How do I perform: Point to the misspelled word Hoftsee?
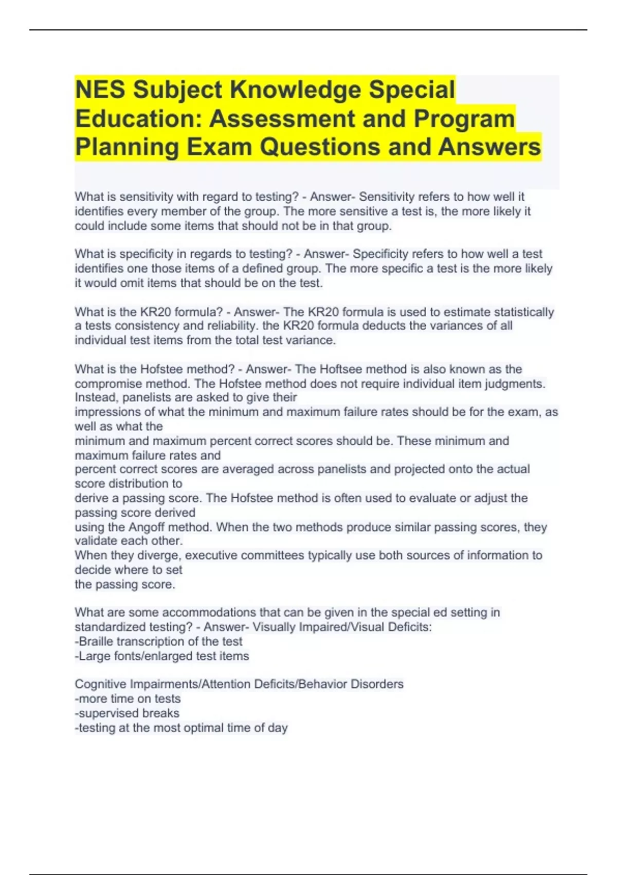[341, 369]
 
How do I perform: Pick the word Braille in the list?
[96, 641]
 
